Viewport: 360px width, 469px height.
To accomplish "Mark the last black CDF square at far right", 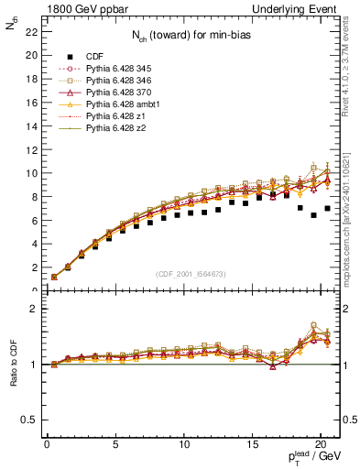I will [x=327, y=208].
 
